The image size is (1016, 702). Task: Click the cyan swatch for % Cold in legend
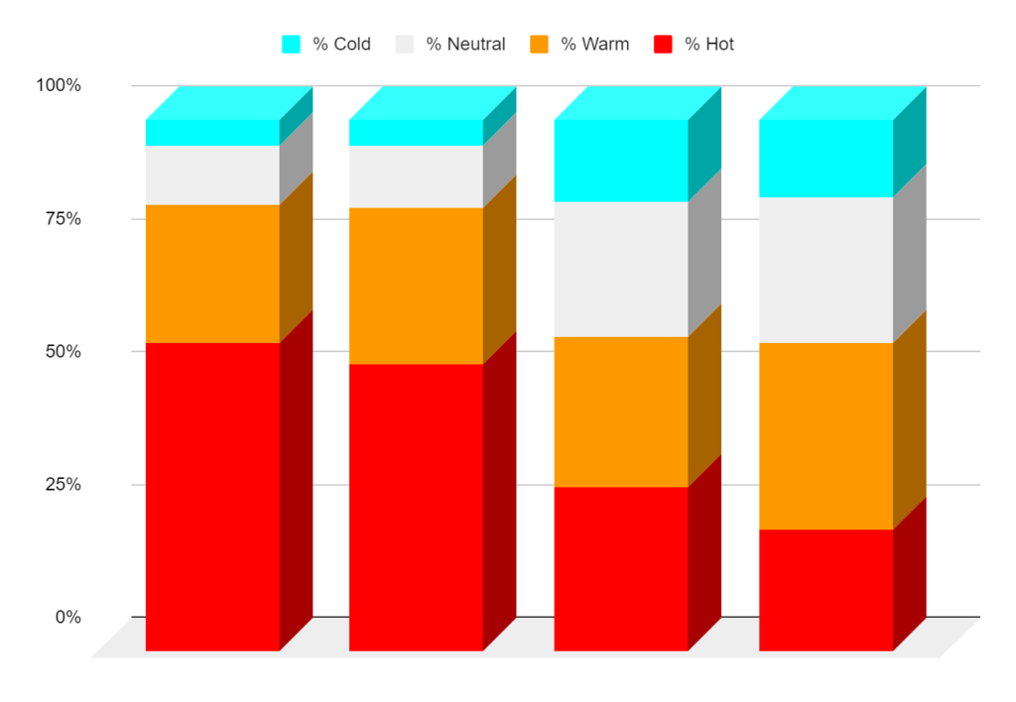pyautogui.click(x=291, y=45)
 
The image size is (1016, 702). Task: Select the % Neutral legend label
pyautogui.click(x=465, y=45)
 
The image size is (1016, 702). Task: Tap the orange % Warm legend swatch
pyautogui.click(x=539, y=45)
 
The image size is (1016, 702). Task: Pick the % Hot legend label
pyautogui.click(x=709, y=45)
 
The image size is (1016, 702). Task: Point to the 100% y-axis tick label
pyautogui.click(x=59, y=86)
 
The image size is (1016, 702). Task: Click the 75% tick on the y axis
pyautogui.click(x=63, y=219)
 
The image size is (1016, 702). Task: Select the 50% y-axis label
pyautogui.click(x=63, y=352)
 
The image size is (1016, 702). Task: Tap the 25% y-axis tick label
pyautogui.click(x=63, y=485)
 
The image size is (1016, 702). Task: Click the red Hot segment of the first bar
pyautogui.click(x=212, y=496)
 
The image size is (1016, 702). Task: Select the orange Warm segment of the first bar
pyautogui.click(x=212, y=274)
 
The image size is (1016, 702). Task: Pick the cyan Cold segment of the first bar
pyautogui.click(x=212, y=133)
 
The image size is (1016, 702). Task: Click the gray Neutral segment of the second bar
pyautogui.click(x=416, y=176)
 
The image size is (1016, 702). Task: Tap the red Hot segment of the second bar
pyautogui.click(x=416, y=507)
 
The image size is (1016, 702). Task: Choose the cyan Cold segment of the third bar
pyautogui.click(x=621, y=161)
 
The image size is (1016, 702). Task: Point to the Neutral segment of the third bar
pyautogui.click(x=621, y=269)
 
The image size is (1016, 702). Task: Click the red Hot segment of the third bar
pyautogui.click(x=621, y=568)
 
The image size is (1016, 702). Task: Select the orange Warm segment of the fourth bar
pyautogui.click(x=825, y=436)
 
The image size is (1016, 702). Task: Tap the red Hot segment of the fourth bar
pyautogui.click(x=825, y=590)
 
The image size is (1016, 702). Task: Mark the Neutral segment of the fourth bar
pyautogui.click(x=825, y=270)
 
